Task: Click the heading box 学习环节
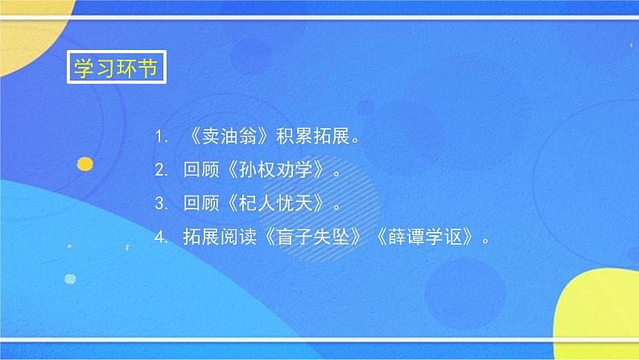coord(117,67)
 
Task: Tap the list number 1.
coord(161,137)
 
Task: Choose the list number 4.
coord(161,238)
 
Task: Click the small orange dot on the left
coord(84,164)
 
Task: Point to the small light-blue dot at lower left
coord(71,279)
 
